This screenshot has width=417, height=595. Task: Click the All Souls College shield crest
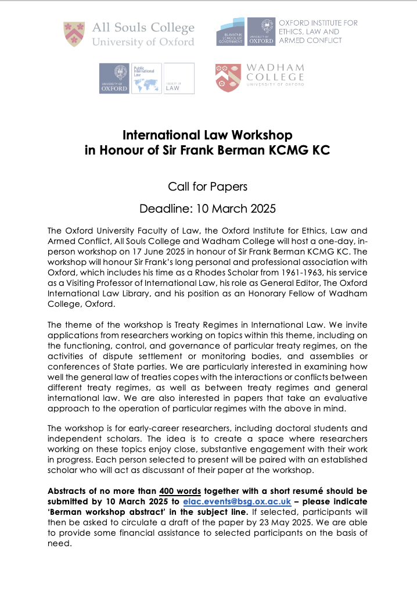tap(76, 34)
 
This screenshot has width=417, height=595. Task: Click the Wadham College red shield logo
tap(227, 79)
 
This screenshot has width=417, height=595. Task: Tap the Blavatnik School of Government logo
tap(231, 32)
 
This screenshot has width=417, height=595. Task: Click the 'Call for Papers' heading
tap(208, 187)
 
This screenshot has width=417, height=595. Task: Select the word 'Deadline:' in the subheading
tap(164, 208)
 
